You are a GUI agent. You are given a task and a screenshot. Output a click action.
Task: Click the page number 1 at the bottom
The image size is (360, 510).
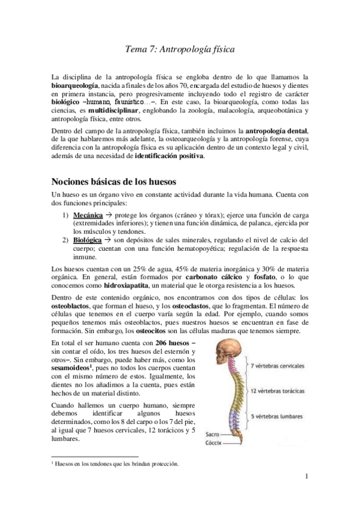(x=307, y=478)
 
